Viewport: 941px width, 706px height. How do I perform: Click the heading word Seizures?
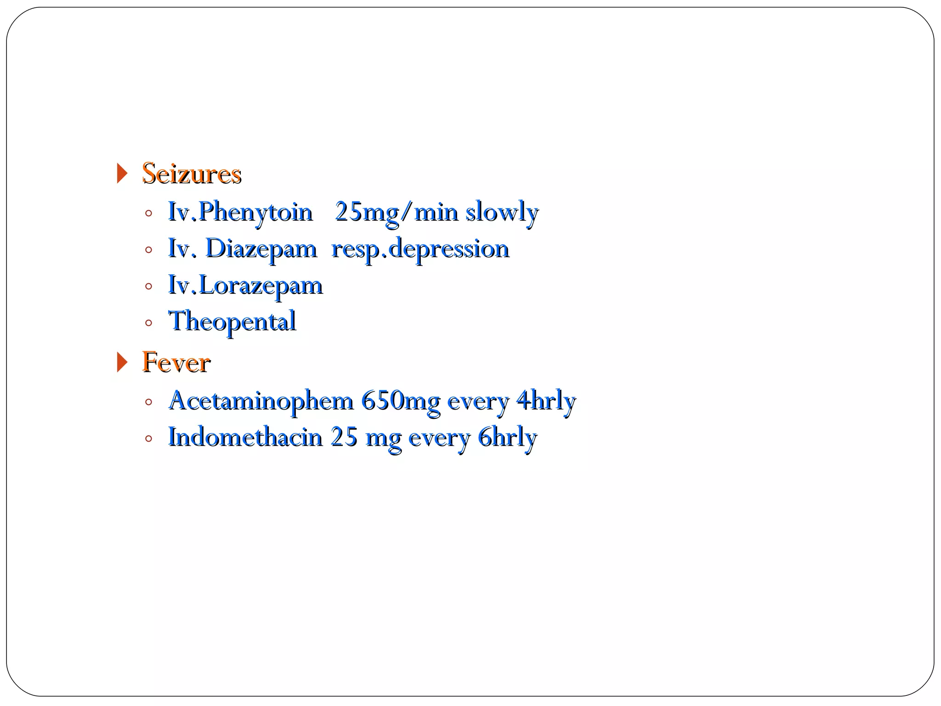point(192,174)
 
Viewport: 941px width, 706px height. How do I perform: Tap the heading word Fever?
point(176,363)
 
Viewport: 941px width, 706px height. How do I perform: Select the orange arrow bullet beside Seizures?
point(122,174)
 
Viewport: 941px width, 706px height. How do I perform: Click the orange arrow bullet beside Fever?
point(122,363)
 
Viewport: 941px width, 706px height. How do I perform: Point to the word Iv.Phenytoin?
point(240,212)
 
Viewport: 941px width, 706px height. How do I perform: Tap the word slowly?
point(502,212)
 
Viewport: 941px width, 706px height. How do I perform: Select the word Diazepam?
point(261,249)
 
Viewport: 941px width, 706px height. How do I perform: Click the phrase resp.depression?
point(420,249)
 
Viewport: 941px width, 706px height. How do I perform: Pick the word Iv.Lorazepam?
point(245,286)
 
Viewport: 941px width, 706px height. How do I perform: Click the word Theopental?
point(232,322)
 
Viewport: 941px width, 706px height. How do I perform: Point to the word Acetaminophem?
point(261,401)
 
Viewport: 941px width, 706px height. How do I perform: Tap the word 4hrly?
point(546,401)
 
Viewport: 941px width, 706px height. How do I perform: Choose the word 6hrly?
point(507,437)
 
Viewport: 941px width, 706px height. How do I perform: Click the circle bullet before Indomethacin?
point(148,438)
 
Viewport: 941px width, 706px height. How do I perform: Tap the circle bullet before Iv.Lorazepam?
point(148,287)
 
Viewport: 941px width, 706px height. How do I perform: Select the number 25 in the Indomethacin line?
point(344,437)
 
